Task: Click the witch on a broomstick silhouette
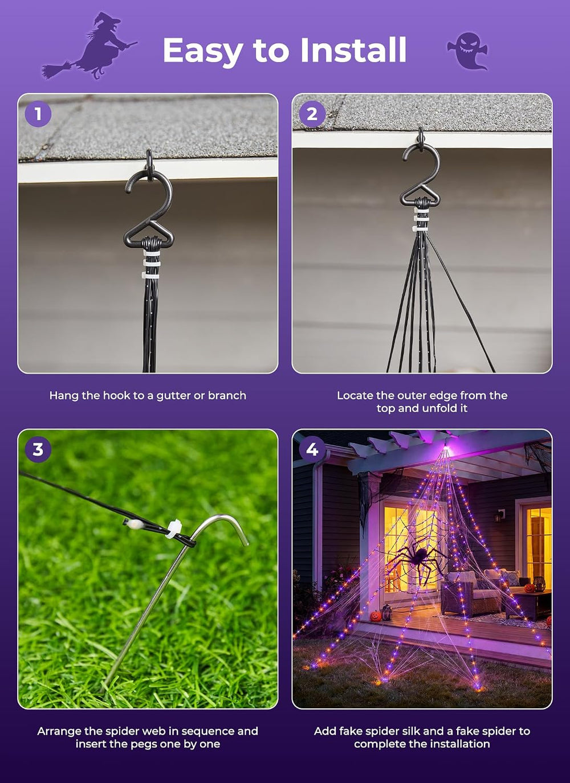point(90,47)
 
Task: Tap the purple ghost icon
point(467,51)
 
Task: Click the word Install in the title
point(353,50)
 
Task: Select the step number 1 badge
point(38,113)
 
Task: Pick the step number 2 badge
point(312,113)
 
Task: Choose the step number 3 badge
point(38,449)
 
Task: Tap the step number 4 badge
point(312,449)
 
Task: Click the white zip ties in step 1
point(151,264)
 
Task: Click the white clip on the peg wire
point(174,529)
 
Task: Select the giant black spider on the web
point(417,561)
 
